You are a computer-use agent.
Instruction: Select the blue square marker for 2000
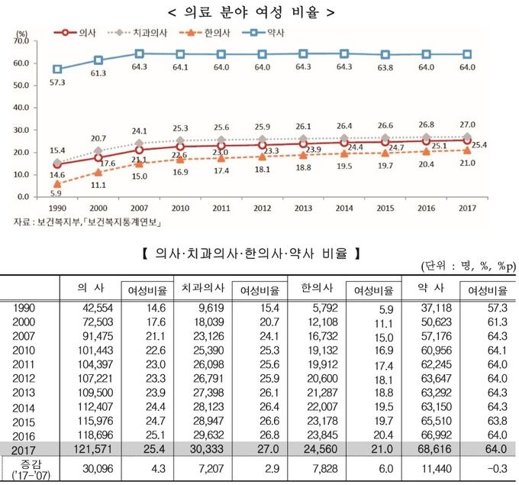(98, 60)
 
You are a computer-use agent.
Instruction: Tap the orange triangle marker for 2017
(468, 150)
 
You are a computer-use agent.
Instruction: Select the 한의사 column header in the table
(310, 289)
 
